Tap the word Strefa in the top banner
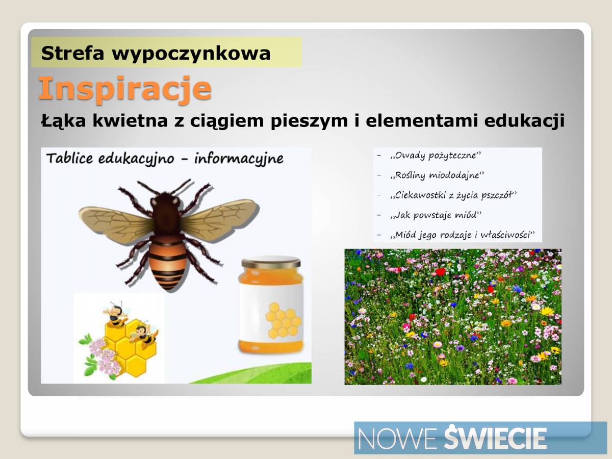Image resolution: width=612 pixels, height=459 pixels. point(72,53)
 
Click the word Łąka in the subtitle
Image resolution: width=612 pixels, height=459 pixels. point(64,120)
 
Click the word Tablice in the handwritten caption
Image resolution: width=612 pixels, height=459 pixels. point(70,158)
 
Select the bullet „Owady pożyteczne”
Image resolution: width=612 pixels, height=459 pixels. point(436,156)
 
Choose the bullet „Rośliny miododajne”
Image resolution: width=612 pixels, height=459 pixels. point(437,175)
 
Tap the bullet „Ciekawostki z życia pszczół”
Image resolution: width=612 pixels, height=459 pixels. point(453,195)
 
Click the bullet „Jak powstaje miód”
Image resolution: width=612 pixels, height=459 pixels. point(436,215)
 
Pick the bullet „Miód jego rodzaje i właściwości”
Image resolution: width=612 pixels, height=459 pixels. point(462,235)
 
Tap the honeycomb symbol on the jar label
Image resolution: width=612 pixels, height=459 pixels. point(283,320)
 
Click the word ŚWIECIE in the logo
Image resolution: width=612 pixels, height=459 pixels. point(495,437)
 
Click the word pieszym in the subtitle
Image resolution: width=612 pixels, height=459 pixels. point(309,121)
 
